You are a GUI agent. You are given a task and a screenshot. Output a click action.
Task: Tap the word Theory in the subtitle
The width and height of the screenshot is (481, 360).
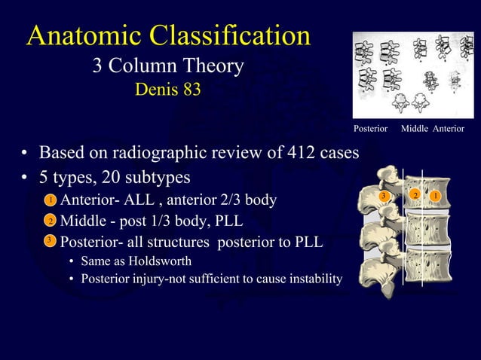[x=216, y=67]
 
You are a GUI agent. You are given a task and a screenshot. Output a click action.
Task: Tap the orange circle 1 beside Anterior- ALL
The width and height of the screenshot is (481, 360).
[x=48, y=200]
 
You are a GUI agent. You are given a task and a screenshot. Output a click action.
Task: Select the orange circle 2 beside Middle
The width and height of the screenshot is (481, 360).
[x=48, y=221]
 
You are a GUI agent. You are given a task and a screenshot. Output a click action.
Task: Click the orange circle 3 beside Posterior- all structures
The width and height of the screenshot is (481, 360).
[x=48, y=241]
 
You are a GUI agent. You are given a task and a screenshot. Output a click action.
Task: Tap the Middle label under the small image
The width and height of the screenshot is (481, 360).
[x=415, y=130]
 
